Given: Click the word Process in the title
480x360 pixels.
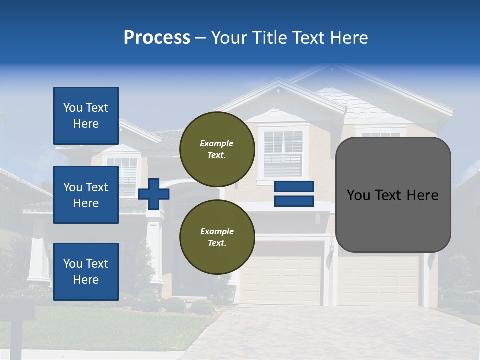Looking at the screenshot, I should [x=157, y=38].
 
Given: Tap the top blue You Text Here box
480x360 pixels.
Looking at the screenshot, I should [x=86, y=116].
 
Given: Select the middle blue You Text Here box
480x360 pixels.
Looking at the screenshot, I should [x=86, y=195].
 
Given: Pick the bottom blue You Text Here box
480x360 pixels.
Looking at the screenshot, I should [x=86, y=271].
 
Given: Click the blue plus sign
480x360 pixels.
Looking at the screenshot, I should [x=154, y=194].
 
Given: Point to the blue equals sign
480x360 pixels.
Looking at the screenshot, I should [x=294, y=194].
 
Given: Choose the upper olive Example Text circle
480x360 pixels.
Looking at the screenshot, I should [x=217, y=149].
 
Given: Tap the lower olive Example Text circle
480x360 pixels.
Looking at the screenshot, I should [x=217, y=237].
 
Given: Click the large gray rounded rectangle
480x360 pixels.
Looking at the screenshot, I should [x=393, y=195].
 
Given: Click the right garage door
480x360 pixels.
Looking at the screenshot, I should [x=378, y=280].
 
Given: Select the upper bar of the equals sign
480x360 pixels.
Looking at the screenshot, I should [x=294, y=186].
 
